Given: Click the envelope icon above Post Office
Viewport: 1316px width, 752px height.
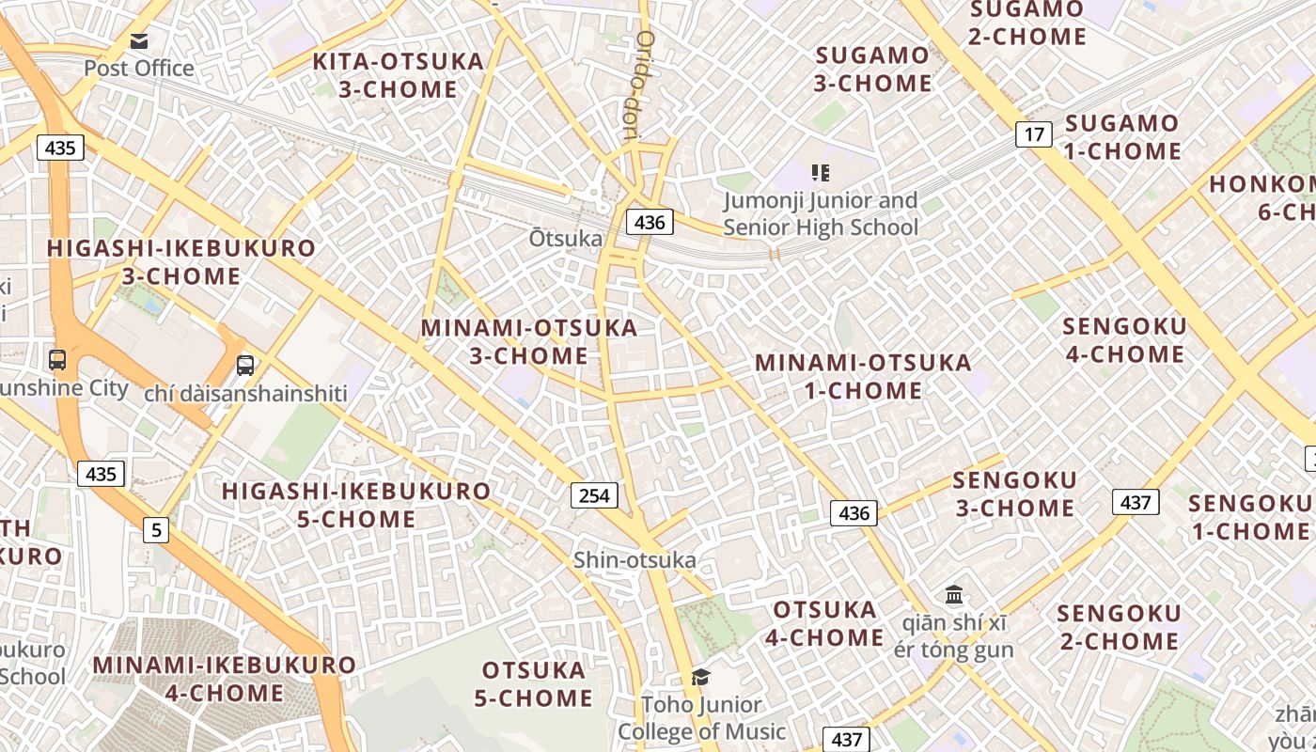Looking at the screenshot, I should tap(139, 40).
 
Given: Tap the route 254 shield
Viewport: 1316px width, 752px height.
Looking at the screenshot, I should tap(594, 495).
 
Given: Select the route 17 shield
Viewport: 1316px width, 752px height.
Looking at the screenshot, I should tap(1033, 134).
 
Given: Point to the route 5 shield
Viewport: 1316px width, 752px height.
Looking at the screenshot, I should tap(156, 530).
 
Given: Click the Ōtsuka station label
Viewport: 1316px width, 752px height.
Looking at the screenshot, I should tap(565, 239).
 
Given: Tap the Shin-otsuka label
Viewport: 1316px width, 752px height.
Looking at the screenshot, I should tap(635, 561).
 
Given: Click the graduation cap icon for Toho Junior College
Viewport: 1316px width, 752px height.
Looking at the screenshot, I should tap(700, 678).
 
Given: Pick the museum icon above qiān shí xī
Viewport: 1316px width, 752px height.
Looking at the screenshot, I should tap(955, 594).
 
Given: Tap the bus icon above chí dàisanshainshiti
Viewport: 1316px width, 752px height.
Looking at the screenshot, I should tap(245, 366).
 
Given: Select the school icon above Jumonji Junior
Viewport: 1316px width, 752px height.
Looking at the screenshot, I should tap(821, 173).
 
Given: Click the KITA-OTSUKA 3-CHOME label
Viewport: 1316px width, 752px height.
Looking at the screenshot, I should tap(398, 76).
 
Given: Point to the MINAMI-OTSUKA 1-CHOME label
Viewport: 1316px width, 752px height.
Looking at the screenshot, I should tap(863, 376).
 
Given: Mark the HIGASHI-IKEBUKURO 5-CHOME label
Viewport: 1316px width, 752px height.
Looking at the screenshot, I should tap(356, 505).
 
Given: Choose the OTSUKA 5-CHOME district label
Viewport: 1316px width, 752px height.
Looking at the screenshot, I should tap(534, 684).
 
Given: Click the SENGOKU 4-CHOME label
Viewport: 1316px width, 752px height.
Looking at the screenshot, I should tap(1123, 340).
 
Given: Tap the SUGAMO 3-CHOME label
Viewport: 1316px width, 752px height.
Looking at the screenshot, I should tap(872, 70).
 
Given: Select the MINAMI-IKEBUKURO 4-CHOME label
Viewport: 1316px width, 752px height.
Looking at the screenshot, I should tap(225, 679).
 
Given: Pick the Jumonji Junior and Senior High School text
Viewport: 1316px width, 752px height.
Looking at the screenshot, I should tap(821, 214).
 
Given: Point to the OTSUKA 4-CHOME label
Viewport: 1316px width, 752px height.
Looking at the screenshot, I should tap(824, 623).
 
